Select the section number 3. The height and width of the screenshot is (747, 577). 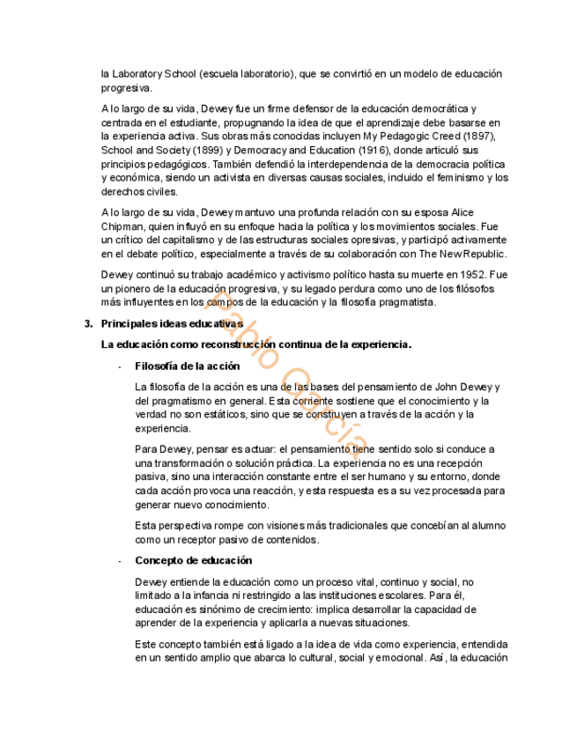(x=88, y=323)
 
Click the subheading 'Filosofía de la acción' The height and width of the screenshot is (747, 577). (x=187, y=366)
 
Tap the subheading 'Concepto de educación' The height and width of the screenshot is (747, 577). (x=193, y=560)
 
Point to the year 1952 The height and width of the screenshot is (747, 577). (x=472, y=275)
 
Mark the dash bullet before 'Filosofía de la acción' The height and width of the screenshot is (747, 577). (x=119, y=366)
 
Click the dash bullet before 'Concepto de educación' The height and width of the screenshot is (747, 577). (x=119, y=560)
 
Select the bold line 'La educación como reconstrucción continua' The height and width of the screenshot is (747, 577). (x=256, y=344)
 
